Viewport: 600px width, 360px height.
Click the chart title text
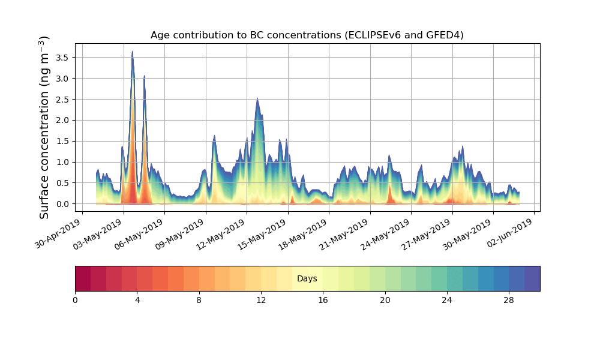[307, 35]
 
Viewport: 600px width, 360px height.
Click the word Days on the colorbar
[307, 279]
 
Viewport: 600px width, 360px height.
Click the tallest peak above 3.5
[132, 52]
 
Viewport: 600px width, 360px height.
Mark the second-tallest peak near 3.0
[144, 76]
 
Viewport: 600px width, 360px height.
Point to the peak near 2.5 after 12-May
[257, 98]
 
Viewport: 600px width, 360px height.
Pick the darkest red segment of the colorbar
[83, 278]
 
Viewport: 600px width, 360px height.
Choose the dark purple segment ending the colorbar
[532, 278]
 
